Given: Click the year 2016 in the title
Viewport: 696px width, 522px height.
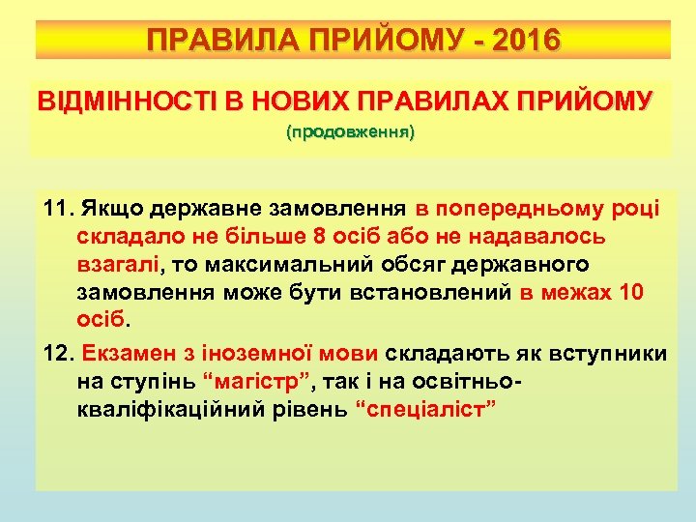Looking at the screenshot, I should pos(524,41).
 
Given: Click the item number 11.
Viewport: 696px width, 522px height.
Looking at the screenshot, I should pos(60,209).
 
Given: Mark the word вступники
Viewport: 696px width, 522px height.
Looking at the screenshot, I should pos(611,353).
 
